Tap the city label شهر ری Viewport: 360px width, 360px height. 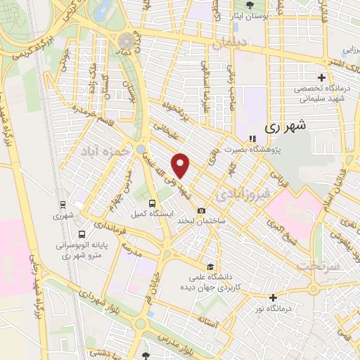(286, 128)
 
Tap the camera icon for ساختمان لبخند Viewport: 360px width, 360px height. (202, 211)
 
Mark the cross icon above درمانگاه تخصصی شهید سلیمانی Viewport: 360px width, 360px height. (322, 77)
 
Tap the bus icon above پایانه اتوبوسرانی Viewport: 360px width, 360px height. (83, 234)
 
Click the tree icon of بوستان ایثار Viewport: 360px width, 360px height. (250, 5)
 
